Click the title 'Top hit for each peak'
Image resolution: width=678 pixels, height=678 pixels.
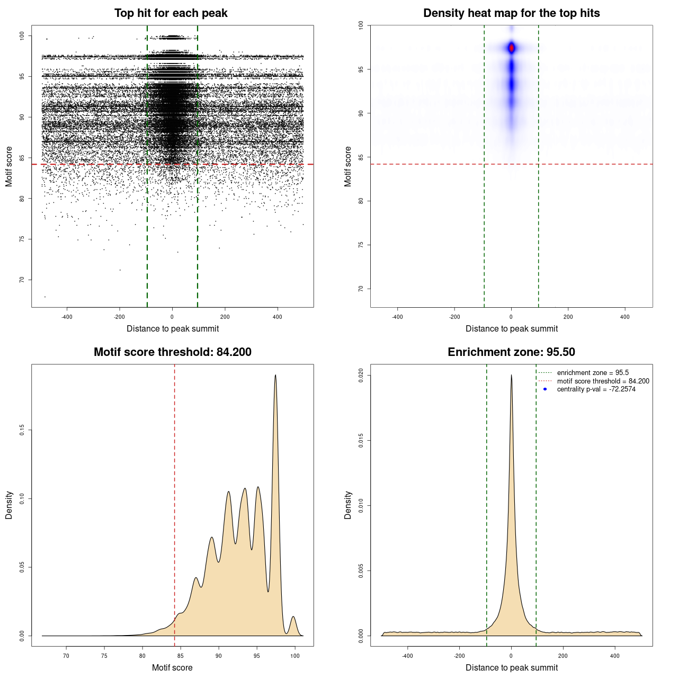171,13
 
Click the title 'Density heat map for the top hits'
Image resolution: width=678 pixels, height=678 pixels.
511,13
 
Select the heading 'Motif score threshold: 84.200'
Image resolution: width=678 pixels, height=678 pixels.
172,352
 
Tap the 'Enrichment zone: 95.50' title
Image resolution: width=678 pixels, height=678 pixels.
511,352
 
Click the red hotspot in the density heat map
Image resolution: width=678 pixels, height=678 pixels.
512,48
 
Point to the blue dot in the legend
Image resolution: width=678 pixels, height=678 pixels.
545,389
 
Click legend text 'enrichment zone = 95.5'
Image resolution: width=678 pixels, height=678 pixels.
593,373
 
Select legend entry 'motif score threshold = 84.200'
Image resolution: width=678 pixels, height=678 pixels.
603,381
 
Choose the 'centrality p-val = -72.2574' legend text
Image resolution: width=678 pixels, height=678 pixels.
596,389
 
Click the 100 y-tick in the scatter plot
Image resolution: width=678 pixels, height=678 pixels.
22,36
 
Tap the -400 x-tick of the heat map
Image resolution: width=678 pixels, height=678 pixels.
397,317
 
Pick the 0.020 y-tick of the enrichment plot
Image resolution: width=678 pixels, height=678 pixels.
361,376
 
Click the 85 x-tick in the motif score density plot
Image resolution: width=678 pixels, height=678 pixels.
181,656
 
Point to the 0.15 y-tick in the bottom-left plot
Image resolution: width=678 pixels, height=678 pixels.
22,430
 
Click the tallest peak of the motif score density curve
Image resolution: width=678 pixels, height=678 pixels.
275,375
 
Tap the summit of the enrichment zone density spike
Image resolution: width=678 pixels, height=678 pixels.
511,375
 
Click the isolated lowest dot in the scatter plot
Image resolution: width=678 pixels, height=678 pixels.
45,297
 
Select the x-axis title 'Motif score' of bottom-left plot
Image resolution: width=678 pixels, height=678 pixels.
172,667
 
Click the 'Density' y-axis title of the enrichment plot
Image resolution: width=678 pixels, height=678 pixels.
348,505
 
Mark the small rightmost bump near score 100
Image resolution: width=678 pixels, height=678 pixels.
293,617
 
